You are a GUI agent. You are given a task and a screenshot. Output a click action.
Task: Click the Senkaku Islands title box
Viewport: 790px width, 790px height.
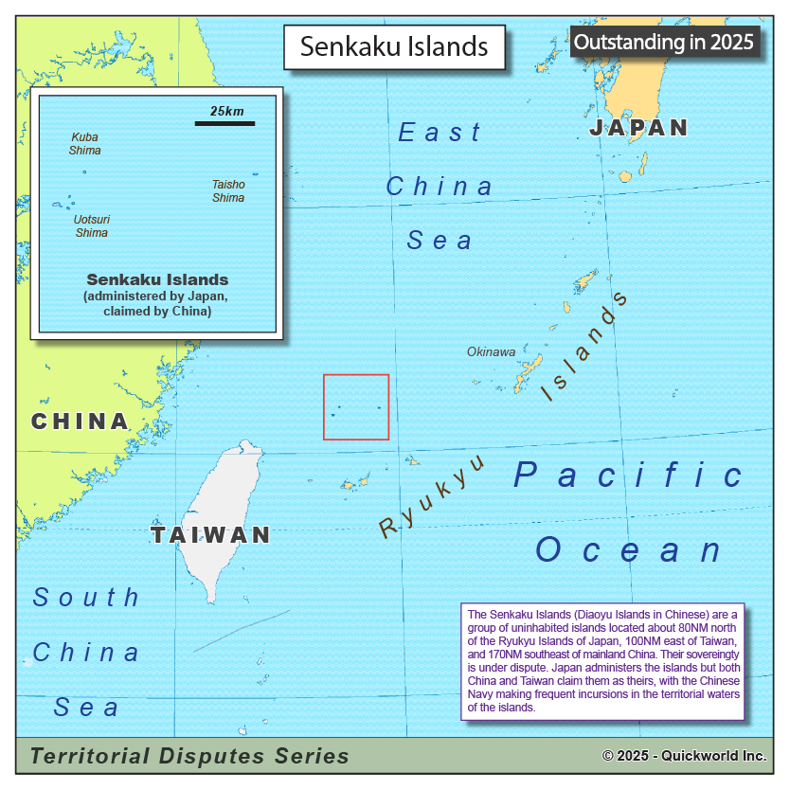coord(394,46)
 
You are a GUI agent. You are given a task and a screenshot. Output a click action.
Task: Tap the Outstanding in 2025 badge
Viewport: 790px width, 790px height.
coord(664,42)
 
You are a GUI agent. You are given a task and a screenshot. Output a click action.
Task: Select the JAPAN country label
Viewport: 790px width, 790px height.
coord(638,128)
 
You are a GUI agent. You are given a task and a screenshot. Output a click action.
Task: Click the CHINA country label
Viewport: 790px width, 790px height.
coord(80,422)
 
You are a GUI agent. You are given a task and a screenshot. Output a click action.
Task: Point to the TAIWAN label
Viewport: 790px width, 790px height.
coord(211,535)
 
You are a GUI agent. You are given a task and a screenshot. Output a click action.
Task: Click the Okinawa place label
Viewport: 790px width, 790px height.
coord(491,352)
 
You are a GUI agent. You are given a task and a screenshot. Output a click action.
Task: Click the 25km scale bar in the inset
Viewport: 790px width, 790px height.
coord(225,122)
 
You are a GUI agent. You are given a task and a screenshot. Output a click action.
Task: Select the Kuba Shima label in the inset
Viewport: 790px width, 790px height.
coord(84,144)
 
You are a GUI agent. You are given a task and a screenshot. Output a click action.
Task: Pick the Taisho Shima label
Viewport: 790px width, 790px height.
coord(228,191)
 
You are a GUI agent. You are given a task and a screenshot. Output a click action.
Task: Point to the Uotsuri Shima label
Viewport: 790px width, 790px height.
coord(91,226)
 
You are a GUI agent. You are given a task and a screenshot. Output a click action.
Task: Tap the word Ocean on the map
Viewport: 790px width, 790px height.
coord(629,549)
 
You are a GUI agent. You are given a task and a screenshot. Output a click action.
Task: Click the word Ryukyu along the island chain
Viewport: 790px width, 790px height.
coord(432,496)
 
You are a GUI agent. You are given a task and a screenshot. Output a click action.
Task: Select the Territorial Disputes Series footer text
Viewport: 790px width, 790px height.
coord(189,756)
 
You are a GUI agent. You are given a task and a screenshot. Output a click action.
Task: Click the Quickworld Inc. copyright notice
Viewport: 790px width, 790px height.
coord(684,756)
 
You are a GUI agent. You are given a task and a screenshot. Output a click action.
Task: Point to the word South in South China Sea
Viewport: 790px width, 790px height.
coord(86,597)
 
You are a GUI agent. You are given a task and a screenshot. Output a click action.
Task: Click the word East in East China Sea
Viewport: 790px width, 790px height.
coord(440,133)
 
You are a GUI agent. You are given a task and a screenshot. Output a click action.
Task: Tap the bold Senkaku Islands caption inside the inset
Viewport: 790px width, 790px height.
coord(157,280)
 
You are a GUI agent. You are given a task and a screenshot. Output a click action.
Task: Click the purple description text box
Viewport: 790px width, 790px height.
coord(602,661)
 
